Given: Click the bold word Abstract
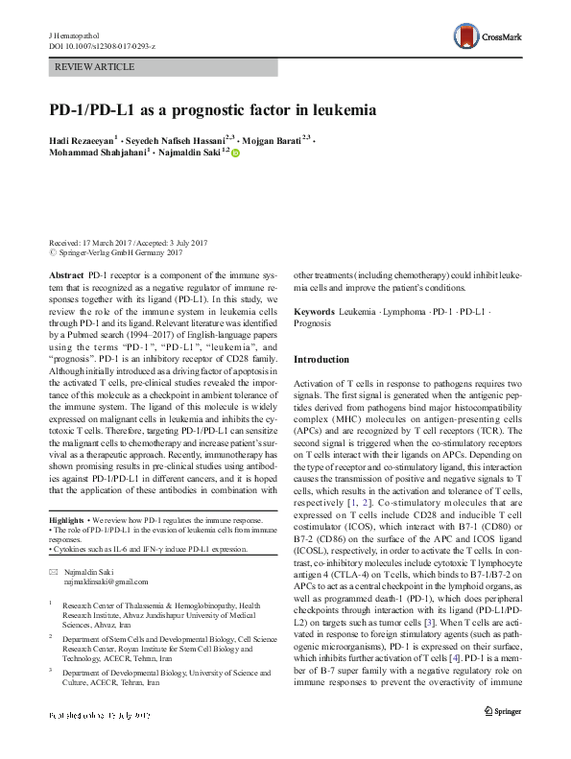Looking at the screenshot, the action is coord(64,273).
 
